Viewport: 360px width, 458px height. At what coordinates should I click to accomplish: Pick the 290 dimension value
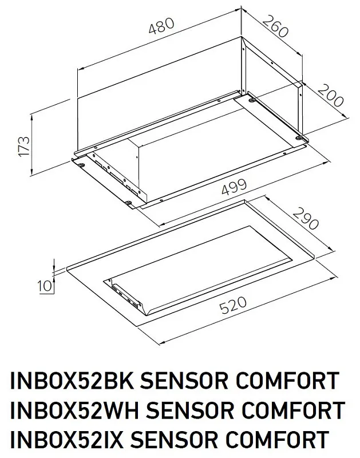coord(305,218)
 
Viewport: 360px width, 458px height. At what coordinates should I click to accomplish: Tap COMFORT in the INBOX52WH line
coord(298,411)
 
